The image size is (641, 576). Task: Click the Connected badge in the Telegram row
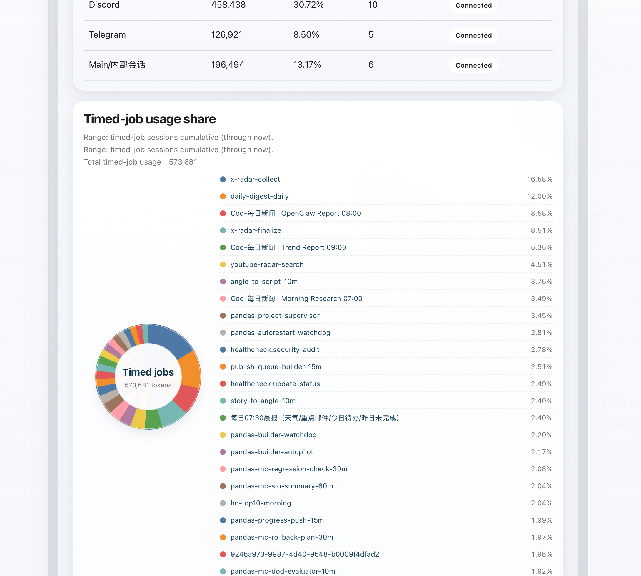click(x=473, y=35)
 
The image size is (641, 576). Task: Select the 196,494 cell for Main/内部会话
click(x=227, y=65)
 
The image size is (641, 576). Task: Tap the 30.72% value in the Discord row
click(x=308, y=5)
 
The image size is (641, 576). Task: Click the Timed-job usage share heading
click(x=149, y=119)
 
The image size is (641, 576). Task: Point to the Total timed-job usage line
click(x=140, y=162)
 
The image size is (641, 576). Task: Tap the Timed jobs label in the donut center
click(x=148, y=372)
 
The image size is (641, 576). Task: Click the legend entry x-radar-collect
click(x=255, y=179)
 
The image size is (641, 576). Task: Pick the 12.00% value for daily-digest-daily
click(x=539, y=196)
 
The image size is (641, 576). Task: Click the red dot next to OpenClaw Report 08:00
click(x=223, y=213)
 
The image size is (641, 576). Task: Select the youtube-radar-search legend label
click(x=267, y=264)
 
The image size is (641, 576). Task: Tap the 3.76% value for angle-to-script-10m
click(x=541, y=281)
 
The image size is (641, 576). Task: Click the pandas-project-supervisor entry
click(x=275, y=316)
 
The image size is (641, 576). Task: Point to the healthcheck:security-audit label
click(x=275, y=350)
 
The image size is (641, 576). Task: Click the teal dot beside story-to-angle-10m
click(x=223, y=401)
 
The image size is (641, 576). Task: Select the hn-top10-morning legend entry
click(x=260, y=503)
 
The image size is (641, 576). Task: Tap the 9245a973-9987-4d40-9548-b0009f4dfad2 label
click(x=304, y=554)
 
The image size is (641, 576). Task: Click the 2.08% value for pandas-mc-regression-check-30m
click(x=541, y=469)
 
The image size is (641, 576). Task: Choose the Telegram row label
click(x=107, y=34)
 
